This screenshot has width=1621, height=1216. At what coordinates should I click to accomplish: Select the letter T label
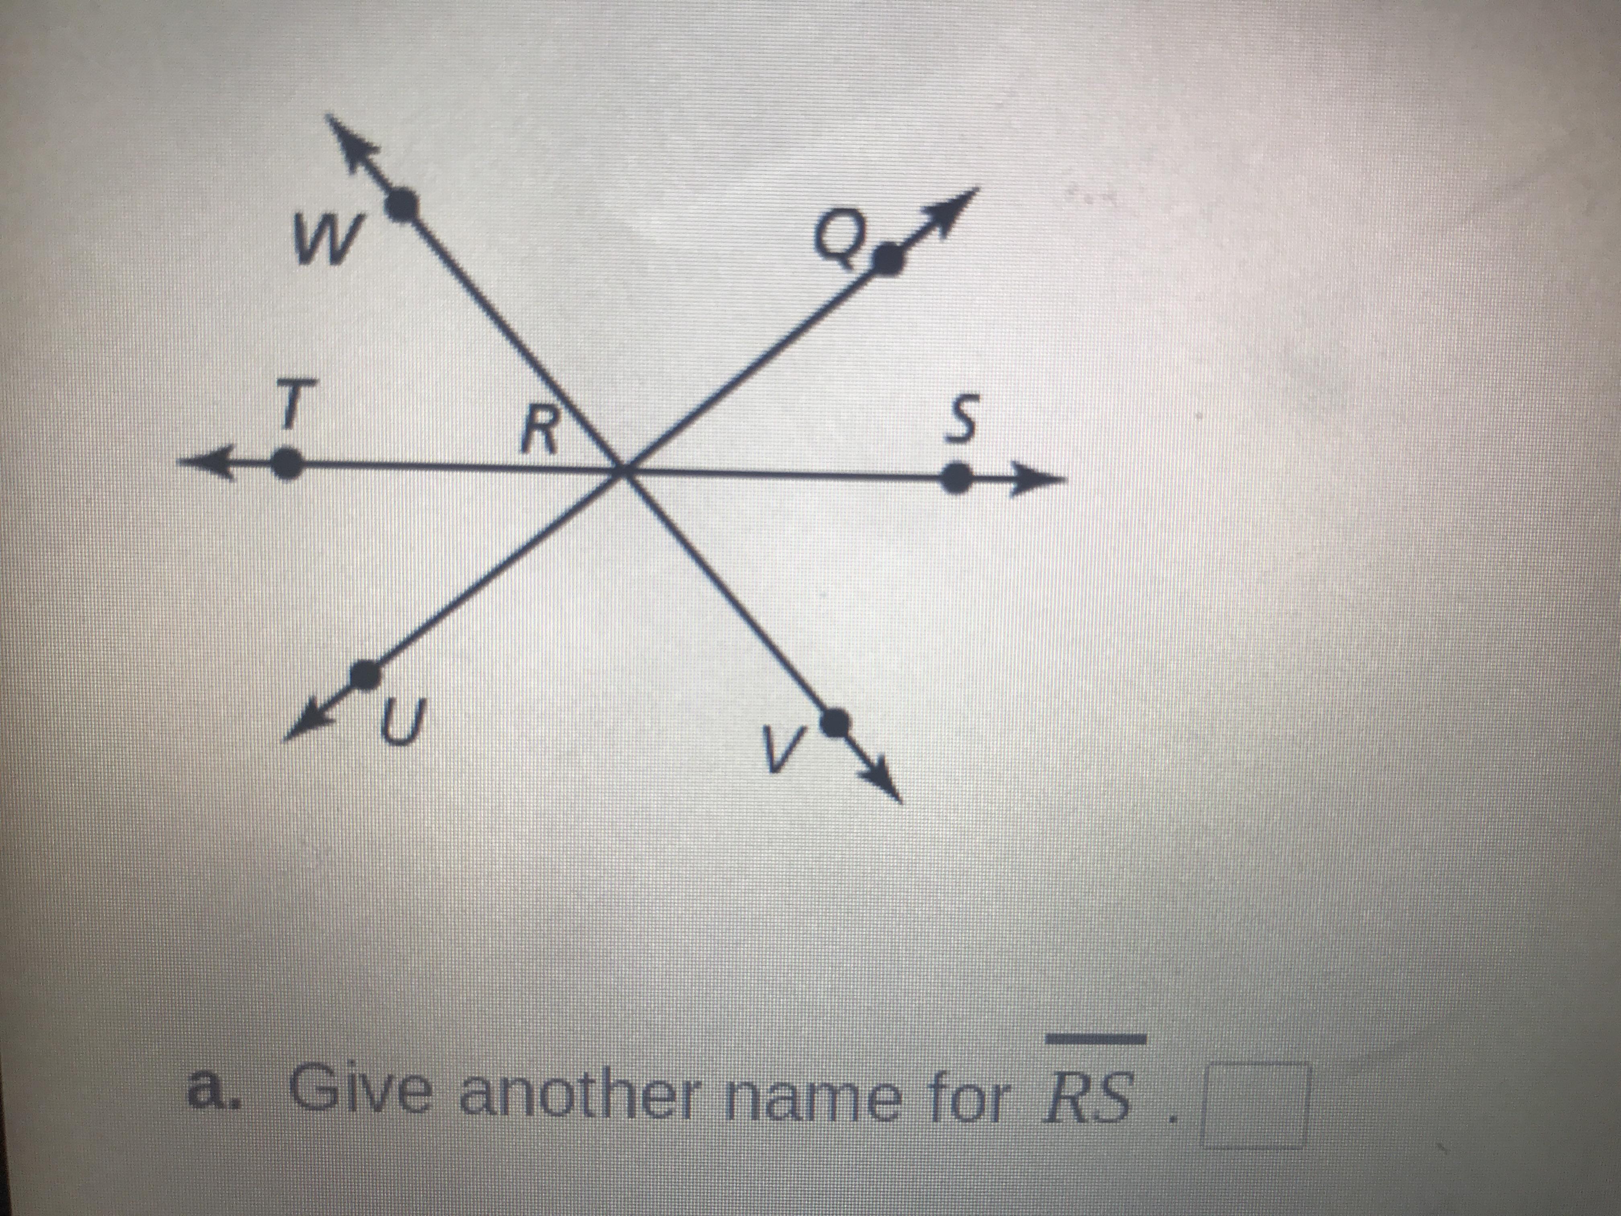coord(291,405)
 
